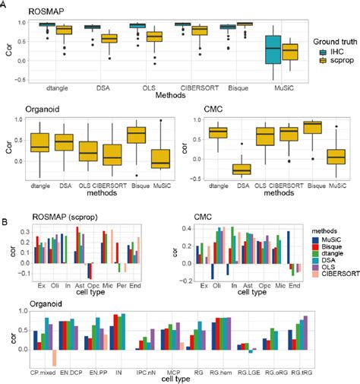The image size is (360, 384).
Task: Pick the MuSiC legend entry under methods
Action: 327,237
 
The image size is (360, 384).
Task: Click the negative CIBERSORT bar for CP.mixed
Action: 55,357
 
